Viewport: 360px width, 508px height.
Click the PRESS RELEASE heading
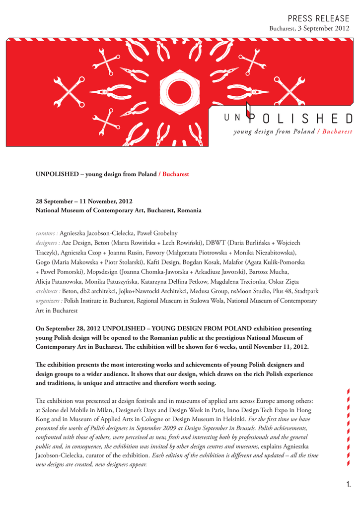coord(318,18)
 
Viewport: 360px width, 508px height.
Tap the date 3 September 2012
coord(323,28)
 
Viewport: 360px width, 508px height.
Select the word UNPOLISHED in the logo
coord(288,119)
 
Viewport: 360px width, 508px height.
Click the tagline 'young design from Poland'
coord(274,131)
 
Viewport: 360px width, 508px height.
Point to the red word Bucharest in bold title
coord(176,174)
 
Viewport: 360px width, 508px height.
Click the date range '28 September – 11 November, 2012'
coord(84,201)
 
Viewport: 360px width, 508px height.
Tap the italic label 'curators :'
coord(47,233)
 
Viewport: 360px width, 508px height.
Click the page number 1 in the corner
coord(349,484)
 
